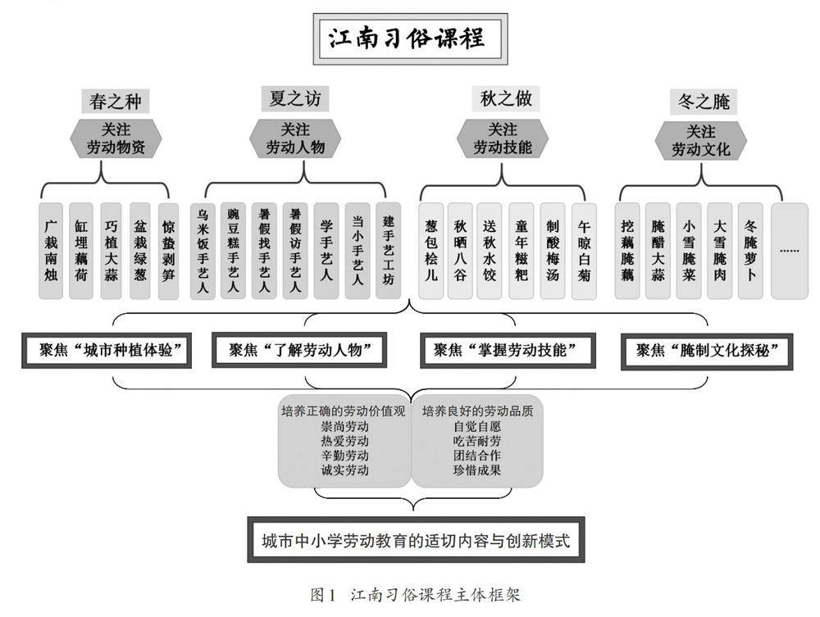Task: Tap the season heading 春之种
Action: point(116,101)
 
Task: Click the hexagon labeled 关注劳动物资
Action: point(116,138)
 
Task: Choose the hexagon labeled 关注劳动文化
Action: point(700,141)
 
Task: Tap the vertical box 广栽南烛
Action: point(51,251)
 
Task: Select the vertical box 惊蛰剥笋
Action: point(168,251)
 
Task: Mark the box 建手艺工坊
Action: point(388,250)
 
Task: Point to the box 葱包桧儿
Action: point(431,251)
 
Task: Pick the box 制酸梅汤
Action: point(553,251)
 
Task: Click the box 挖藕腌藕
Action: point(627,251)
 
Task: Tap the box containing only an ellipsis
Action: point(789,251)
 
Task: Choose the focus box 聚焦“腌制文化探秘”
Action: point(706,350)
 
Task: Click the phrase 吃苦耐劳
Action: point(476,441)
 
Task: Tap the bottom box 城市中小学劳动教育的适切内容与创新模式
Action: point(415,540)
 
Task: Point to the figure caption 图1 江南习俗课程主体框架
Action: point(415,595)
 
